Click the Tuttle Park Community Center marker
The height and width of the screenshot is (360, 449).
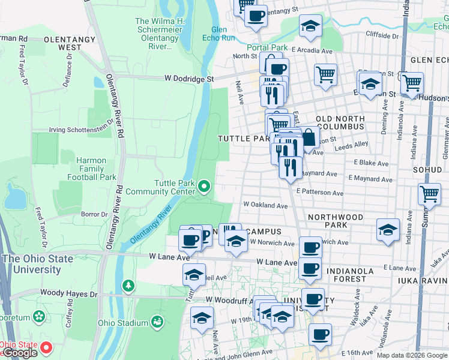[x=204, y=187]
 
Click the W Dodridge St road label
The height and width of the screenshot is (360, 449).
[x=189, y=79]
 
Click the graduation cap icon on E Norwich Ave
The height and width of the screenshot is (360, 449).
[x=387, y=230]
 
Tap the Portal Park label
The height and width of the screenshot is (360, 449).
[x=267, y=47]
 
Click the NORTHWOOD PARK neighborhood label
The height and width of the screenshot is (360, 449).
[x=335, y=220]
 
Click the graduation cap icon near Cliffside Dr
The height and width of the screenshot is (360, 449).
[x=310, y=26]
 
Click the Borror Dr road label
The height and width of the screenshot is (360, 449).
[x=94, y=214]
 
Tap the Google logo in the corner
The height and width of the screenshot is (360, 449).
[x=19, y=353]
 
